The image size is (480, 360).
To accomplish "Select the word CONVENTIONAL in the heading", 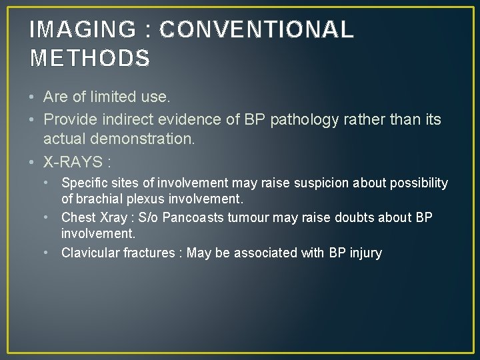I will pos(257,30).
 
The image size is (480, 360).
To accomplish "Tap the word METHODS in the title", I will pos(90,59).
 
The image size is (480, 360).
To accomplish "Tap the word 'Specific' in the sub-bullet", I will pos(84,183).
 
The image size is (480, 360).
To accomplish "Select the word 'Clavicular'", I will pos(89,253).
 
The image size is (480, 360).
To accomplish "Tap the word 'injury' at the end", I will pos(365,253).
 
